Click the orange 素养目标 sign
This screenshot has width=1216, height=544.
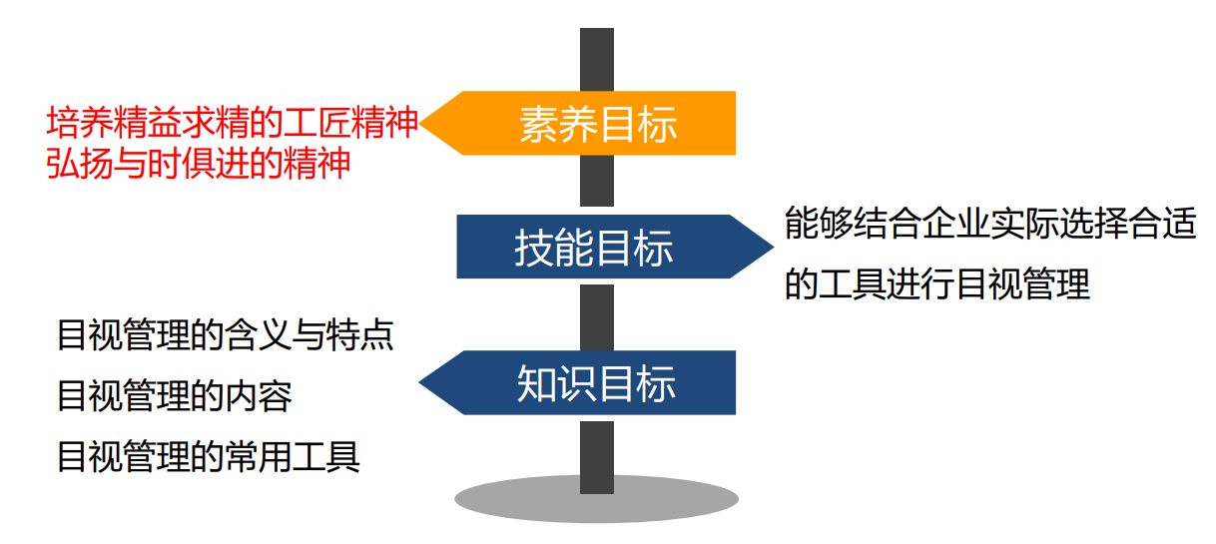597,124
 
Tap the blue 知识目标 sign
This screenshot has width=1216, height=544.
596,383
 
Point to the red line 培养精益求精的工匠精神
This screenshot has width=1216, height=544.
232,124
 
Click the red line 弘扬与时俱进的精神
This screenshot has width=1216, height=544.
199,162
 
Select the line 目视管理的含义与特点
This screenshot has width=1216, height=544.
225,334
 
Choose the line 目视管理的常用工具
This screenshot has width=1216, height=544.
208,457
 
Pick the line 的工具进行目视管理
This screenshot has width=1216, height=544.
936,284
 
